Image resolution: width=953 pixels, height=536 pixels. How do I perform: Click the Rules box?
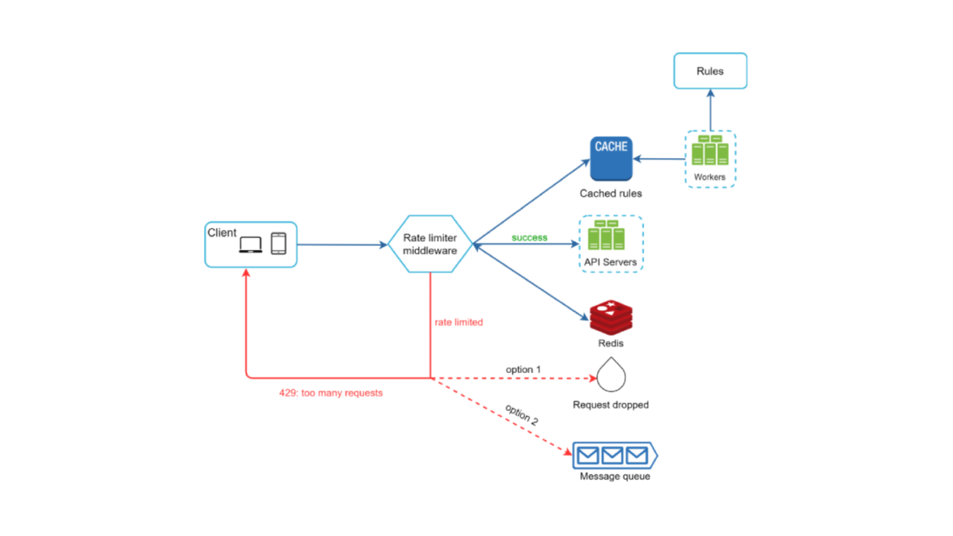click(x=710, y=71)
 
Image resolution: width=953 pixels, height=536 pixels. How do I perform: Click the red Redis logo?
click(x=611, y=318)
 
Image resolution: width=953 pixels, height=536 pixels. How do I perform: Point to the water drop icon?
click(x=611, y=376)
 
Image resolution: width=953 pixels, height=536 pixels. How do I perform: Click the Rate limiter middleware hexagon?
click(x=430, y=244)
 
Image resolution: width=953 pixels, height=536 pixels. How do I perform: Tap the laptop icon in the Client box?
click(x=251, y=245)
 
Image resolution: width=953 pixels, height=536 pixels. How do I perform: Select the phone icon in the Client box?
click(x=278, y=244)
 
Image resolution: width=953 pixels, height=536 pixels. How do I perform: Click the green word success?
click(x=529, y=238)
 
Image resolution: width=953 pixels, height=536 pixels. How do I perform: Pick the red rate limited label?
click(x=459, y=322)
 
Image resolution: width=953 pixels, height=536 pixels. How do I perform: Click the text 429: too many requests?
click(x=331, y=393)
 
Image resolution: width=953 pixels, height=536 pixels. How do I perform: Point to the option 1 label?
click(x=523, y=370)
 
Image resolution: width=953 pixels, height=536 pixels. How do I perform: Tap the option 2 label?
click(x=521, y=414)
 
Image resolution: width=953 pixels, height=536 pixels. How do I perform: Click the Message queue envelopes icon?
click(x=613, y=455)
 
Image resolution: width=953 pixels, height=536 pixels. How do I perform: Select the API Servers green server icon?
click(x=606, y=236)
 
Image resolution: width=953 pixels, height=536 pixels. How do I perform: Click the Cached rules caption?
click(x=611, y=194)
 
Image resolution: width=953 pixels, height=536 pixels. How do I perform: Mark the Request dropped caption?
click(x=611, y=405)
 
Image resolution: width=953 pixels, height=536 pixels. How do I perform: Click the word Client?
click(x=222, y=233)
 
